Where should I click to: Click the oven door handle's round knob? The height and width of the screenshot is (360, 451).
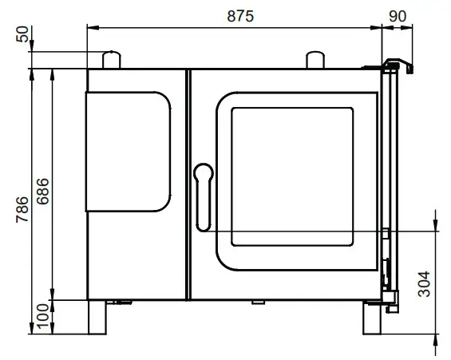203,171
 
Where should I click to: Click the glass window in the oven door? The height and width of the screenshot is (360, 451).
292,176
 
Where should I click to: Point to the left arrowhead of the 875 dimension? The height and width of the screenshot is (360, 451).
90,26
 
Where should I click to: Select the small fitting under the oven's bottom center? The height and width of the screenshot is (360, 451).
259,302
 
